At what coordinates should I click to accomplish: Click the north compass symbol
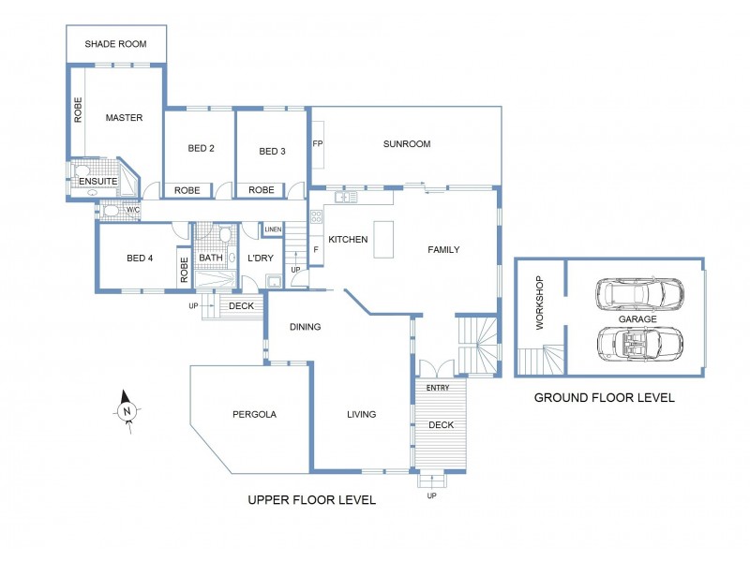click(127, 410)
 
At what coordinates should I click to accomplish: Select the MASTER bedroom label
click(124, 118)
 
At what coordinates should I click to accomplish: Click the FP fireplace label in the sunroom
click(318, 144)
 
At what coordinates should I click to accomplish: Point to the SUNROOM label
click(406, 144)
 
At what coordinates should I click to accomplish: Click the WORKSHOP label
click(539, 303)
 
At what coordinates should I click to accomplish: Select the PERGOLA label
click(253, 414)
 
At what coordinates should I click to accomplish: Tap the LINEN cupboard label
click(273, 229)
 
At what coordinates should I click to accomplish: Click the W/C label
click(132, 211)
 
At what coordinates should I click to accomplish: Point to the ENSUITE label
click(97, 181)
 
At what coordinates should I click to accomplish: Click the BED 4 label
click(139, 259)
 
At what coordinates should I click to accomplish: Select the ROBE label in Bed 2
click(187, 190)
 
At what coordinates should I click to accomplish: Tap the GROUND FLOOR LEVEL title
click(604, 397)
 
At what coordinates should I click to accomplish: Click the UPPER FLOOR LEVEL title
click(311, 500)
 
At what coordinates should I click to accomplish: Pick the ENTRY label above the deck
click(437, 388)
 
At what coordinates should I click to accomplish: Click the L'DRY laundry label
click(260, 259)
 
